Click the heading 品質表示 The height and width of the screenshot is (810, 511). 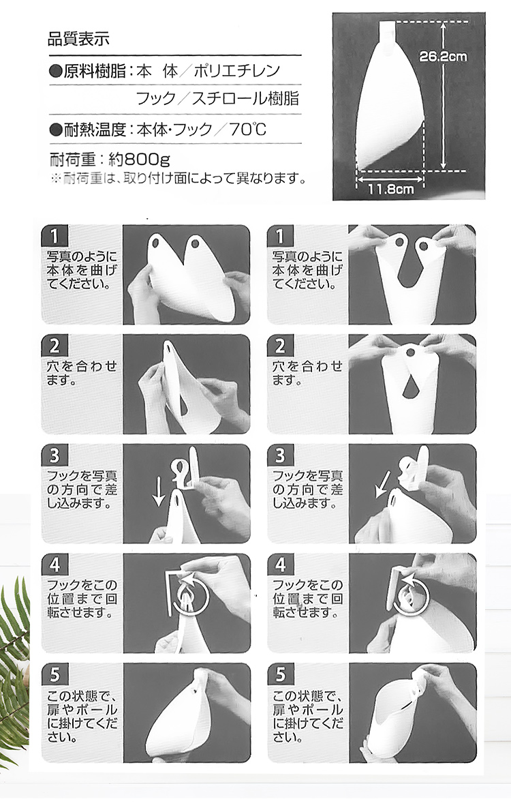coord(78,37)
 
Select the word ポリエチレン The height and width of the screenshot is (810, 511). coord(236,71)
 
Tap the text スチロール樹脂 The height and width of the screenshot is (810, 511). coord(246,98)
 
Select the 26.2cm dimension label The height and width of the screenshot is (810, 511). coord(443,57)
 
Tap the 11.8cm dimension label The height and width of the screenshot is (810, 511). coord(390,189)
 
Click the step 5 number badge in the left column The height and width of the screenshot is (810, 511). coord(55,674)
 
